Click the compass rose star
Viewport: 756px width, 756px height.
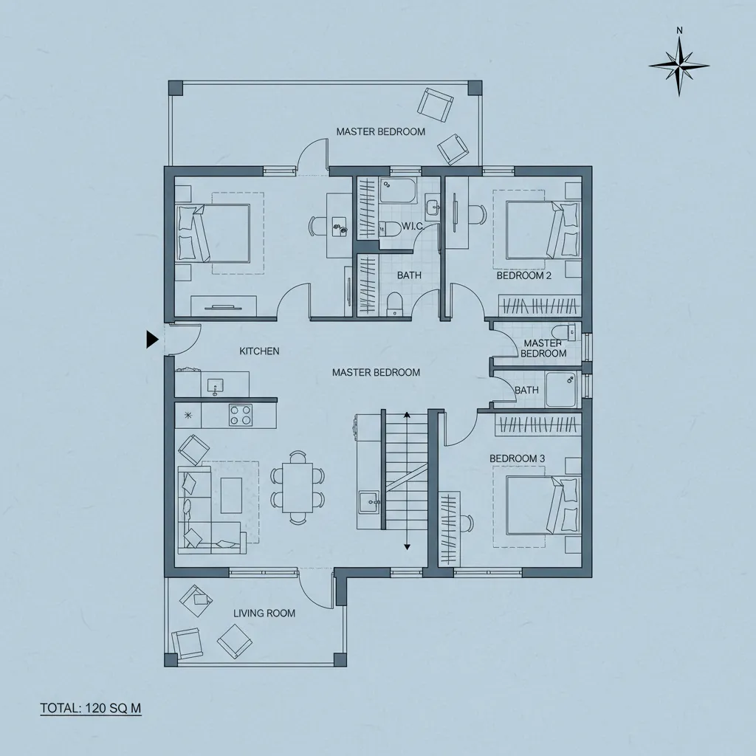click(x=679, y=66)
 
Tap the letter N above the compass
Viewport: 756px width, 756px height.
click(x=679, y=30)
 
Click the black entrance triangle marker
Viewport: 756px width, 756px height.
click(x=152, y=340)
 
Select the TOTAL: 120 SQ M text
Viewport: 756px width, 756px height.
click(x=91, y=708)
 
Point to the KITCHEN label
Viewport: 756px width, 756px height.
click(x=259, y=351)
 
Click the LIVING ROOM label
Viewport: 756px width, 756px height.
click(x=264, y=614)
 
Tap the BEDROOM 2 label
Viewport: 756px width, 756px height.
click(x=524, y=276)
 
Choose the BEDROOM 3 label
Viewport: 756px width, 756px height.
click(x=518, y=458)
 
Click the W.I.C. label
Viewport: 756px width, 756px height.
click(x=413, y=226)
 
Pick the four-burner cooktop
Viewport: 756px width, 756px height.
click(x=241, y=415)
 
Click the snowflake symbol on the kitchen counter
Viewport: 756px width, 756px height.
click(x=188, y=415)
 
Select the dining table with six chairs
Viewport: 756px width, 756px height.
click(x=298, y=487)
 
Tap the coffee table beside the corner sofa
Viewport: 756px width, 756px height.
click(x=231, y=495)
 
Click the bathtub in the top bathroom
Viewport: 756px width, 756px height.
click(x=398, y=191)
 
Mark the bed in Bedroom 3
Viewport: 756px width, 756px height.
click(x=542, y=506)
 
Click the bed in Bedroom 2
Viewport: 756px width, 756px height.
click(x=542, y=230)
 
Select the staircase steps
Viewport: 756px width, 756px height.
click(x=407, y=471)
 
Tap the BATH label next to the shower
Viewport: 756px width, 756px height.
click(x=526, y=390)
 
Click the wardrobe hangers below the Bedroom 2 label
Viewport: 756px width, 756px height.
click(x=539, y=306)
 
